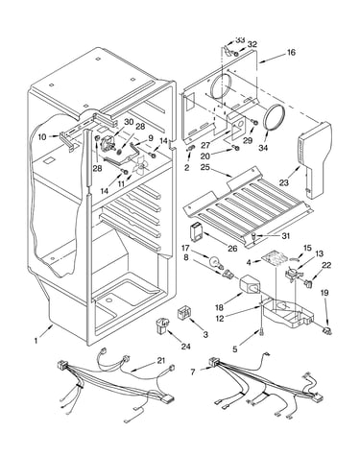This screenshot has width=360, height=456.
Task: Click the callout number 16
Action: click(x=291, y=52)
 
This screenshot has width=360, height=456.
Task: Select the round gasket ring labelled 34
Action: click(x=275, y=117)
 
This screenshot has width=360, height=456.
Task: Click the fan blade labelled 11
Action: click(x=139, y=166)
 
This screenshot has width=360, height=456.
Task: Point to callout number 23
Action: click(x=284, y=182)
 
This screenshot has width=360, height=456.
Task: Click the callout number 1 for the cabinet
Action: click(x=36, y=341)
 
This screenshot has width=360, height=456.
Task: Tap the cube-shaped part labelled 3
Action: click(x=184, y=312)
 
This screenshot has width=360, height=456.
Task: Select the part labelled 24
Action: click(x=162, y=325)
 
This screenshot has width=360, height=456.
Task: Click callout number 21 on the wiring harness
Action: click(x=161, y=361)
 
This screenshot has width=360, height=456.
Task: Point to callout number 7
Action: click(x=192, y=372)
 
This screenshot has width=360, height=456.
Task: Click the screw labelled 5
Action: click(x=262, y=333)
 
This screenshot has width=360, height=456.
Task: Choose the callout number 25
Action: click(x=205, y=167)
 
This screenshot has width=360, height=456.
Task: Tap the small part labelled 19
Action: click(x=326, y=331)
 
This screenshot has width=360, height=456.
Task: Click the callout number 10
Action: click(x=42, y=137)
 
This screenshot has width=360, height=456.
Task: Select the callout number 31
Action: click(x=285, y=236)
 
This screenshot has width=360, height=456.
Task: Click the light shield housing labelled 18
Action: click(x=250, y=284)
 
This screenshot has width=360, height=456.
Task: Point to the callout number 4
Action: click(x=249, y=263)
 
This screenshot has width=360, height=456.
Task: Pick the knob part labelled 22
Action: click(x=309, y=282)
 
